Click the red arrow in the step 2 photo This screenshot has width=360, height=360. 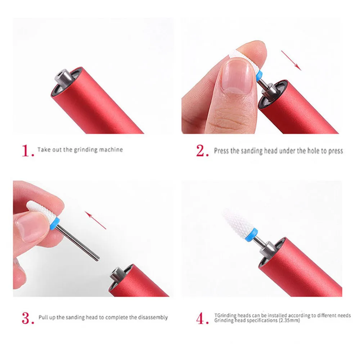click(x=291, y=60)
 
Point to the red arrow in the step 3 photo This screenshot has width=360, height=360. click(x=95, y=220)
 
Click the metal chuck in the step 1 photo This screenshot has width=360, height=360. click(x=64, y=78)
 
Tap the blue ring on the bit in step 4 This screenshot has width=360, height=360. click(x=251, y=235)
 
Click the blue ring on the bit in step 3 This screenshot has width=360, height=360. click(x=55, y=224)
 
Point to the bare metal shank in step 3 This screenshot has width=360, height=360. click(x=78, y=243)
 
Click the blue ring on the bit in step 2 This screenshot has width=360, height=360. click(x=259, y=76)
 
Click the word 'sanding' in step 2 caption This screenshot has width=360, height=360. click(x=252, y=151)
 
